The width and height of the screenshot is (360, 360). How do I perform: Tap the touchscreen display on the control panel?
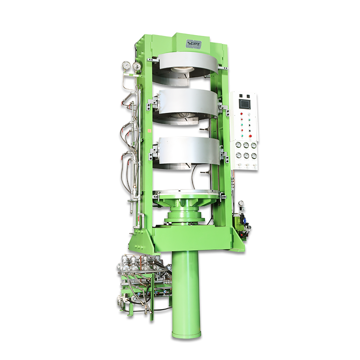245,104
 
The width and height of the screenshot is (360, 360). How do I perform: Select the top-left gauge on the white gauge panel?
239,145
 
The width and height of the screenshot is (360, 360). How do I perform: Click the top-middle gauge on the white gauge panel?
246,145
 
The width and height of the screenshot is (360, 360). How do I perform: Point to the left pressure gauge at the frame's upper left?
126,65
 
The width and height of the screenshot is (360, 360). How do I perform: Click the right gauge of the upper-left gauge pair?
137,66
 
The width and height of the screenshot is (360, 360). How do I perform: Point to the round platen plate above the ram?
188,194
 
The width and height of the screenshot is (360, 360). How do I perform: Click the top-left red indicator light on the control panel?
242,114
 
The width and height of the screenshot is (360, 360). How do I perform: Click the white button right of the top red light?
249,114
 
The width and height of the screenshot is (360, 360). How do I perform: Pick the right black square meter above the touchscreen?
249,95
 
